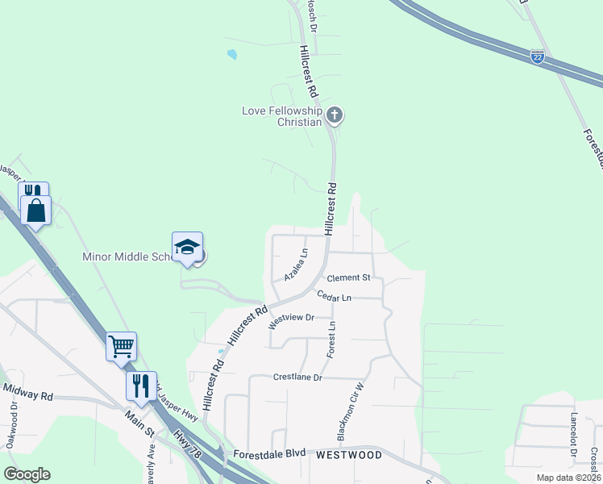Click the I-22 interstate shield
[538, 56]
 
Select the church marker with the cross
[335, 116]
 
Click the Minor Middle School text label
[127, 257]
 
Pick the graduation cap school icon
[187, 247]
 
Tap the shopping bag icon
[37, 211]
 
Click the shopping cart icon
[121, 347]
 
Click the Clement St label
[348, 277]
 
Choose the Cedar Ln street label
[334, 297]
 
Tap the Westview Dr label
[290, 318]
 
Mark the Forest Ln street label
[331, 339]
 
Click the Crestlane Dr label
[297, 377]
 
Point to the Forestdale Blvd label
[269, 454]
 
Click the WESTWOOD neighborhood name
[348, 455]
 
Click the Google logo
[27, 474]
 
